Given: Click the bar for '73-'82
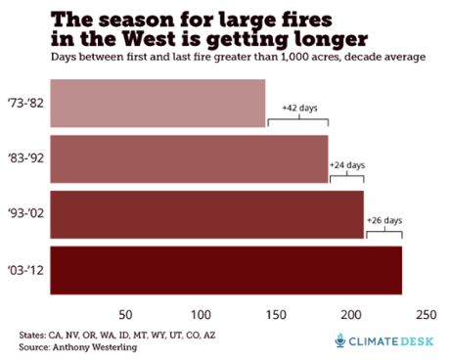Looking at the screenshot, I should (157, 102).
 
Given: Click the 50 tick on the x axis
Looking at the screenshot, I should (125, 314).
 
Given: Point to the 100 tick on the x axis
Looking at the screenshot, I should (202, 314).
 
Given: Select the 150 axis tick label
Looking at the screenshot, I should (276, 314).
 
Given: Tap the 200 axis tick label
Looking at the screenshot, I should (351, 314).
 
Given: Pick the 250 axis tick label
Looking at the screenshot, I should (427, 314).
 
